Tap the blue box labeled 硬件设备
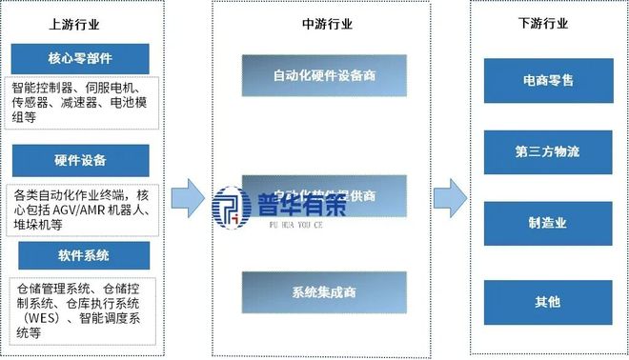pyautogui.click(x=80, y=159)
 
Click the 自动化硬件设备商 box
pyautogui.click(x=324, y=75)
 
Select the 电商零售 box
pyautogui.click(x=547, y=81)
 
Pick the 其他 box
pyautogui.click(x=547, y=301)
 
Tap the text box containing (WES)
pyautogui.click(x=80, y=308)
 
